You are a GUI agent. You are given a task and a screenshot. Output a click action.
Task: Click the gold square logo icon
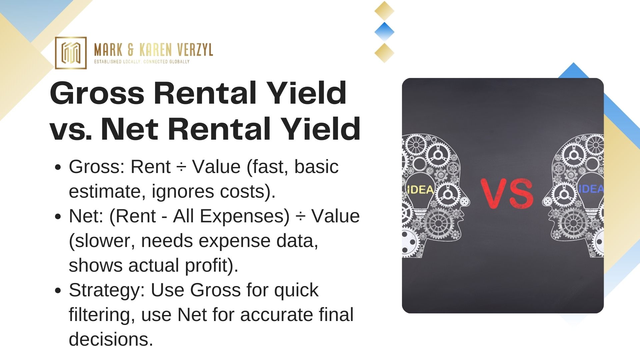(71, 53)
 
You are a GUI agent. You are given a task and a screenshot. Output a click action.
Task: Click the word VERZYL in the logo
(195, 50)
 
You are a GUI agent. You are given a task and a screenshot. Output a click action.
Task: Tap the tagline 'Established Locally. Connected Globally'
(142, 62)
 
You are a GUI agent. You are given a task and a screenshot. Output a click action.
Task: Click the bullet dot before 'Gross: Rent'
(58, 167)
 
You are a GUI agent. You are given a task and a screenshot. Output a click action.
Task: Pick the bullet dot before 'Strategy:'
(58, 291)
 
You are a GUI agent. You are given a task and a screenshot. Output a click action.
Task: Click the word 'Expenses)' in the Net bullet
(245, 216)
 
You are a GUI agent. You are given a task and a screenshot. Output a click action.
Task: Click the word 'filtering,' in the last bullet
(102, 315)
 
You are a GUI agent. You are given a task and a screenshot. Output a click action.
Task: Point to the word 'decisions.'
(111, 339)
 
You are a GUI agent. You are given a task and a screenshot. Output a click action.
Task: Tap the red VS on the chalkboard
(507, 193)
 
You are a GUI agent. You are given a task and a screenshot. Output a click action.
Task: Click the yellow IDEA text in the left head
(421, 189)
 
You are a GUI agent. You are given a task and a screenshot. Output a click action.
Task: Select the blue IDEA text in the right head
(591, 189)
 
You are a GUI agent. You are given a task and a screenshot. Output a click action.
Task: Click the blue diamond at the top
(384, 32)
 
